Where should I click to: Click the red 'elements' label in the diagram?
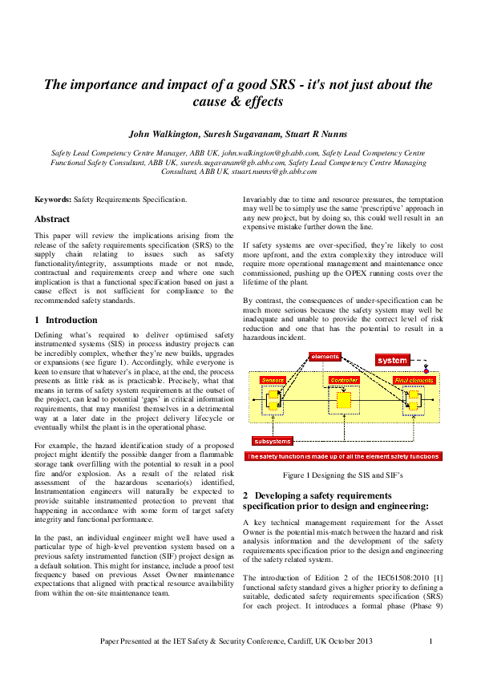(x=325, y=356)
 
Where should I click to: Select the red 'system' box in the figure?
(x=393, y=360)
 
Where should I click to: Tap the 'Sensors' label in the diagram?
(x=273, y=379)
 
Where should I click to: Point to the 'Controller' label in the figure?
(x=344, y=379)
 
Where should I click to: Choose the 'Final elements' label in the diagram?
(x=414, y=379)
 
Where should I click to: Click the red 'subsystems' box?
(x=273, y=441)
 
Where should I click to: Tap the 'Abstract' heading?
(x=52, y=218)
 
